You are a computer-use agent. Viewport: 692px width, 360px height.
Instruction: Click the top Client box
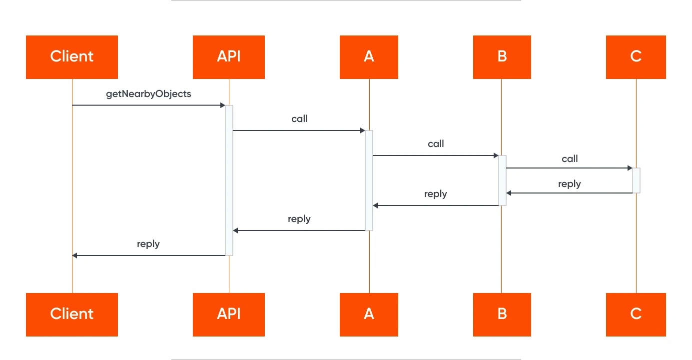click(x=72, y=57)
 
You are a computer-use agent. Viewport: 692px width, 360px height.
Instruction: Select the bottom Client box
click(x=72, y=314)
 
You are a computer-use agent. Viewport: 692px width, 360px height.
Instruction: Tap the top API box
click(x=229, y=57)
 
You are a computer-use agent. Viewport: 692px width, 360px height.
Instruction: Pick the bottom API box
click(x=229, y=314)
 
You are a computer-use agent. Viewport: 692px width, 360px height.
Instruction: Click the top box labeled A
click(x=369, y=57)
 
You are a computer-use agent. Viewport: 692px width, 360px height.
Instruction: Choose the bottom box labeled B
click(x=502, y=314)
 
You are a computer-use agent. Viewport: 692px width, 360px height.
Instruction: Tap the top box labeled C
click(x=636, y=57)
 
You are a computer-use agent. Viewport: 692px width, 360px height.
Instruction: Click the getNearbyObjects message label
click(x=148, y=94)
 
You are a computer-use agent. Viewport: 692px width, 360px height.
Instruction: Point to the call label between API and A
click(x=299, y=119)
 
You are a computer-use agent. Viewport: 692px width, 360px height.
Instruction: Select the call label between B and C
click(x=570, y=158)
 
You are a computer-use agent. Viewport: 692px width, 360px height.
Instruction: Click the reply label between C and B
click(x=570, y=184)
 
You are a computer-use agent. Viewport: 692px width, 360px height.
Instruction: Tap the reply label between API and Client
click(x=148, y=244)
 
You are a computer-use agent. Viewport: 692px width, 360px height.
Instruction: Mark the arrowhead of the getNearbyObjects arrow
click(x=223, y=105)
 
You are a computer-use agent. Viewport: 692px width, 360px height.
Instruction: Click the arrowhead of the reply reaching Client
click(x=74, y=255)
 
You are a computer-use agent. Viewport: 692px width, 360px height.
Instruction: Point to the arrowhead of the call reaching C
click(x=630, y=168)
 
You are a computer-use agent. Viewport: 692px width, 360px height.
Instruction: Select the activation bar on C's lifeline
click(x=636, y=180)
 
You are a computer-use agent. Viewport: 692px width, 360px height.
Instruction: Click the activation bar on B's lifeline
click(x=502, y=180)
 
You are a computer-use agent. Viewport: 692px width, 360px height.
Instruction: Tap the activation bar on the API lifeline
click(x=229, y=180)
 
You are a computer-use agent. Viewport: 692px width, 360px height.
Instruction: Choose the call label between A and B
click(x=436, y=144)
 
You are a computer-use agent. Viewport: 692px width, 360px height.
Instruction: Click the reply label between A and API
click(x=299, y=219)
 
